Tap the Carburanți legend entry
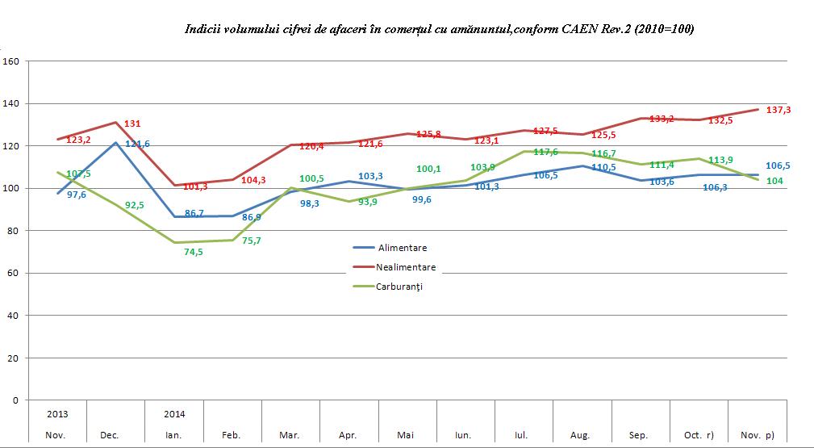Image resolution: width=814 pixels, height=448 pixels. (399, 286)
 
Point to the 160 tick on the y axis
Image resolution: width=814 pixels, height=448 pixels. (10, 61)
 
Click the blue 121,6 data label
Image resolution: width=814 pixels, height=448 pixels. (137, 144)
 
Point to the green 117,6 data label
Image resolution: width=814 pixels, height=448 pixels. (547, 153)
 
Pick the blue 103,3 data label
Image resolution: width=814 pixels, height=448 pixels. (369, 176)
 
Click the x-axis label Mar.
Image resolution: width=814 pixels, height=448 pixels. (290, 435)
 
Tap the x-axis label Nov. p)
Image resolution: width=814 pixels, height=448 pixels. (758, 435)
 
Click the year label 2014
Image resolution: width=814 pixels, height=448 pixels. (174, 414)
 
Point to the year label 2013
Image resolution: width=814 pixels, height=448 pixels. (57, 414)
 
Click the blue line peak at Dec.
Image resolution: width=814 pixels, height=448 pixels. (116, 143)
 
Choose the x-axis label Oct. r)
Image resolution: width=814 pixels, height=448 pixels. (699, 435)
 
